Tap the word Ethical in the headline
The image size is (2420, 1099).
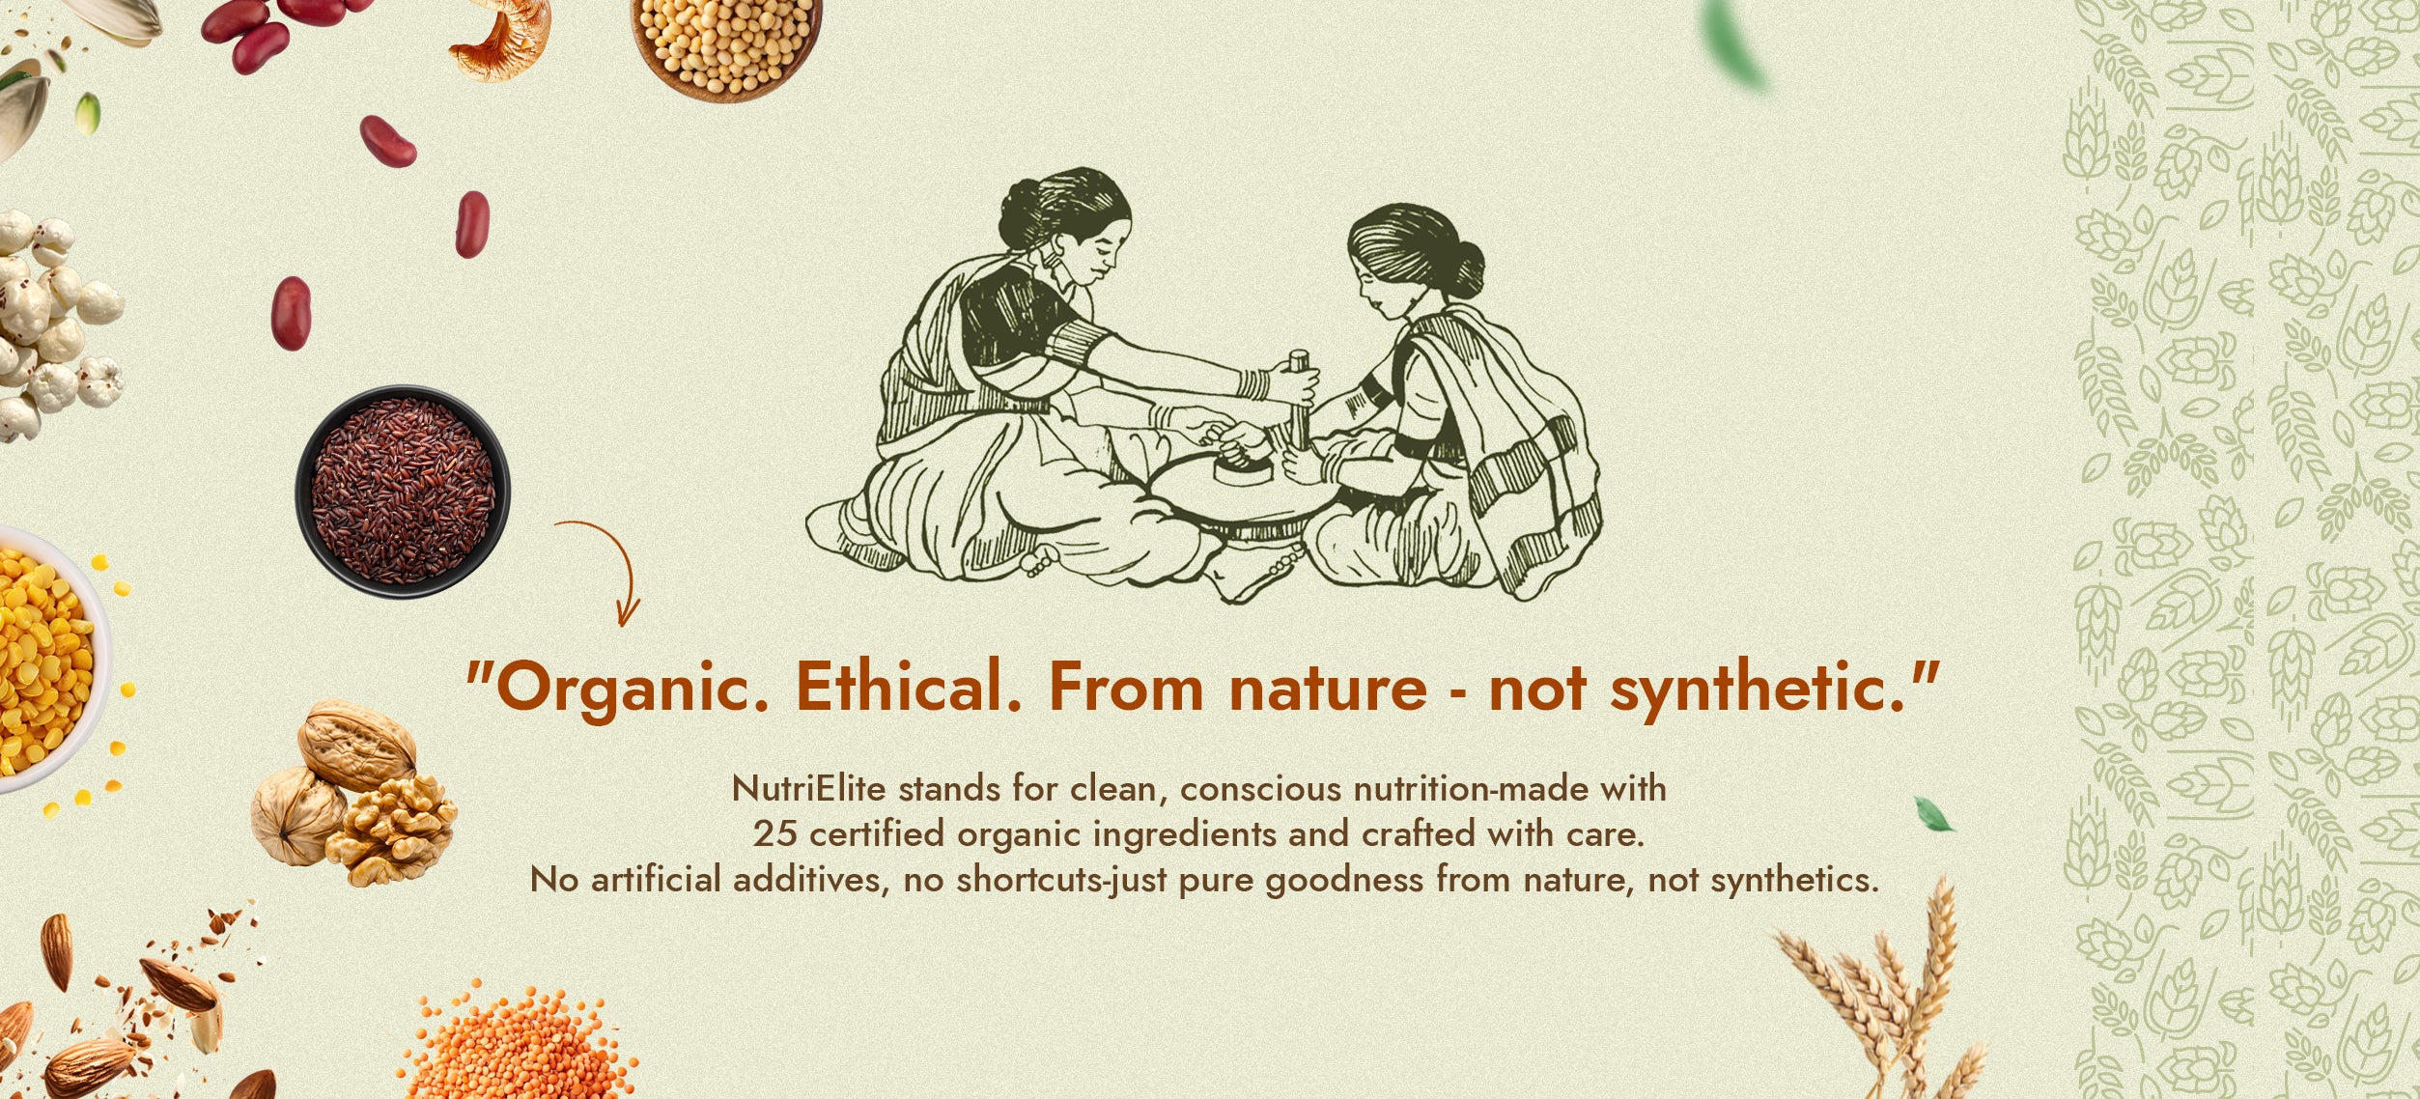click(909, 688)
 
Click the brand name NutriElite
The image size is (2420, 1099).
click(809, 789)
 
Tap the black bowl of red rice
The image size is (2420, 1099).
click(403, 491)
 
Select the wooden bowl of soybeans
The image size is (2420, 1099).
click(726, 44)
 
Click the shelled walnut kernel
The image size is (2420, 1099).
click(390, 830)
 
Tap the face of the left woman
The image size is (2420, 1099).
click(1101, 251)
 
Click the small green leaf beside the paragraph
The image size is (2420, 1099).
click(1932, 814)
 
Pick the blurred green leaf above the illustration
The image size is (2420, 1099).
click(1734, 43)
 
